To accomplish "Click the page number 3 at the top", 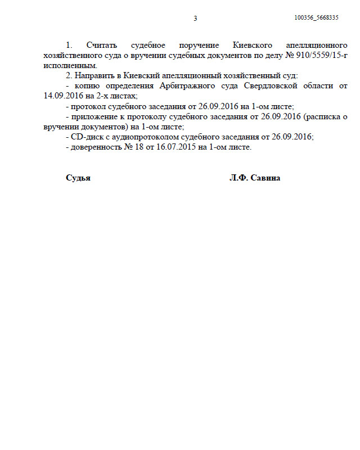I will [195, 19].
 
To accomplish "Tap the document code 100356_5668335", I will [316, 18].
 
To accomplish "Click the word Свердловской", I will [273, 85].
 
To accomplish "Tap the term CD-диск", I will [85, 137].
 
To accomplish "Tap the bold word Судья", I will [78, 178].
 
